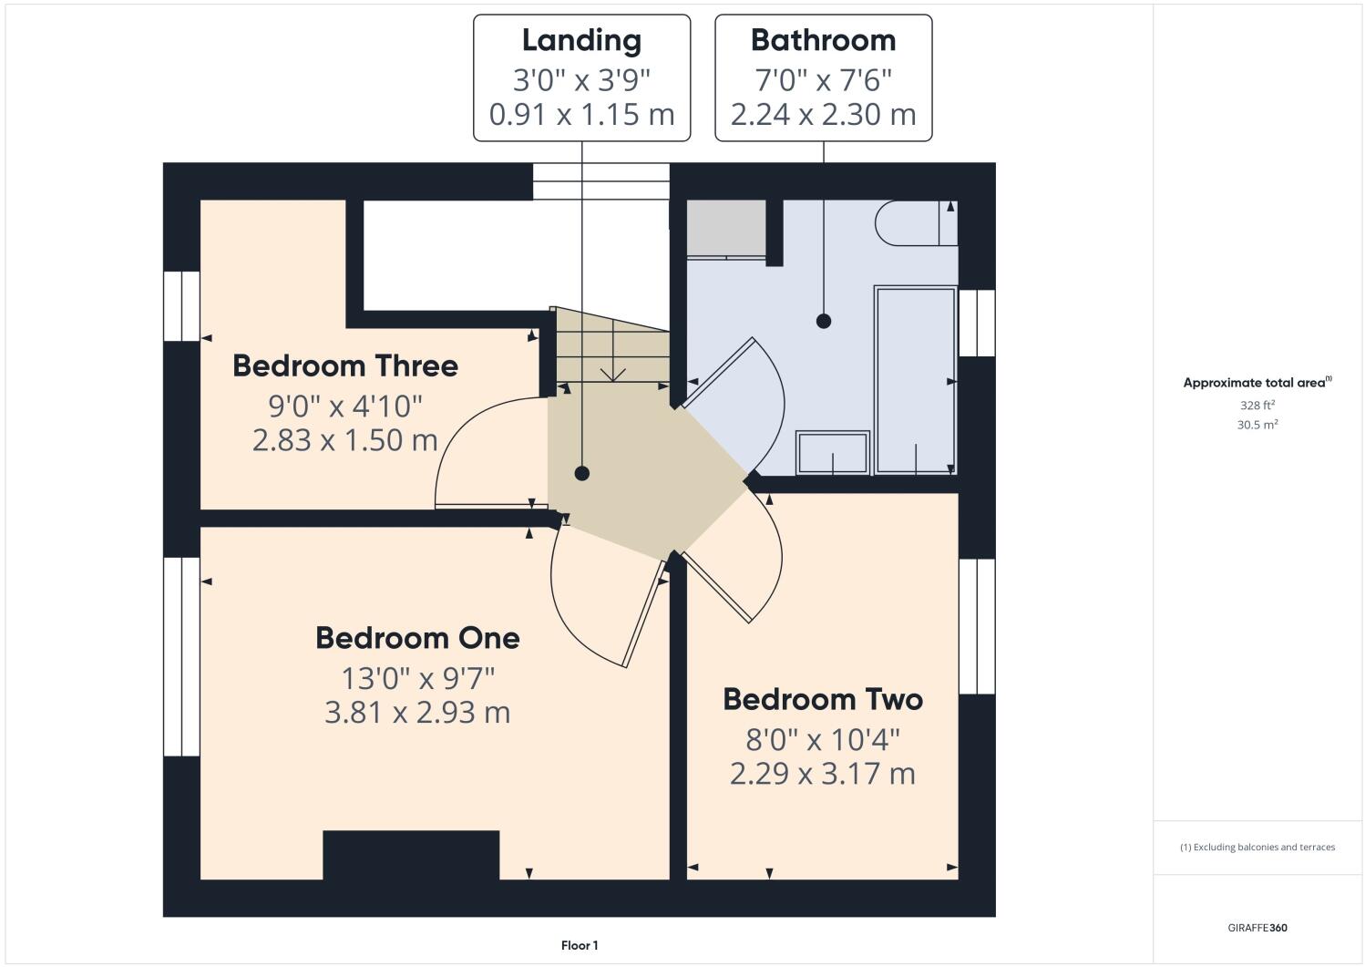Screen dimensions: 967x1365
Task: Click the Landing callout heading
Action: pyautogui.click(x=581, y=41)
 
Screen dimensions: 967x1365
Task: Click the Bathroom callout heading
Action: pyautogui.click(x=823, y=41)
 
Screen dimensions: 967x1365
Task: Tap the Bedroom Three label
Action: pyautogui.click(x=344, y=365)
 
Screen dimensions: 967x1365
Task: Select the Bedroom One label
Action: pyautogui.click(x=417, y=638)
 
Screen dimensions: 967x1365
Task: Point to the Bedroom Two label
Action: pyautogui.click(x=823, y=699)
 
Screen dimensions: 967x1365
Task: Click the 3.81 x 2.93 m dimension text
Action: pyautogui.click(x=417, y=712)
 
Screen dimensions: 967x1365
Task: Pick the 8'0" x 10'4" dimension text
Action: pyautogui.click(x=823, y=737)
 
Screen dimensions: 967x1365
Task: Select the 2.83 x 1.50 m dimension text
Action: pyautogui.click(x=344, y=440)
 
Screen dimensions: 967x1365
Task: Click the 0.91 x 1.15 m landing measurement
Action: pyautogui.click(x=581, y=115)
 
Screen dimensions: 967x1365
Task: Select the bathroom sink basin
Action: pyautogui.click(x=833, y=453)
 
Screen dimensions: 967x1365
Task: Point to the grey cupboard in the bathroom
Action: pyautogui.click(x=725, y=229)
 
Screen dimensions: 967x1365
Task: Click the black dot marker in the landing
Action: pyautogui.click(x=581, y=473)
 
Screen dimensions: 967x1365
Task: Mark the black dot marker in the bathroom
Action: pyautogui.click(x=824, y=321)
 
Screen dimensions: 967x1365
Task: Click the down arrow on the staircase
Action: pyautogui.click(x=613, y=373)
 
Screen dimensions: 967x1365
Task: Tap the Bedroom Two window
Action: pyautogui.click(x=977, y=625)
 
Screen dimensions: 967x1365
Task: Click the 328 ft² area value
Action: pyautogui.click(x=1257, y=406)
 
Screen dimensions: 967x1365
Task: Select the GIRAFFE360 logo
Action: pyautogui.click(x=1257, y=928)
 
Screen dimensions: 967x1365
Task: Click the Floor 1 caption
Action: pyautogui.click(x=580, y=946)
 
